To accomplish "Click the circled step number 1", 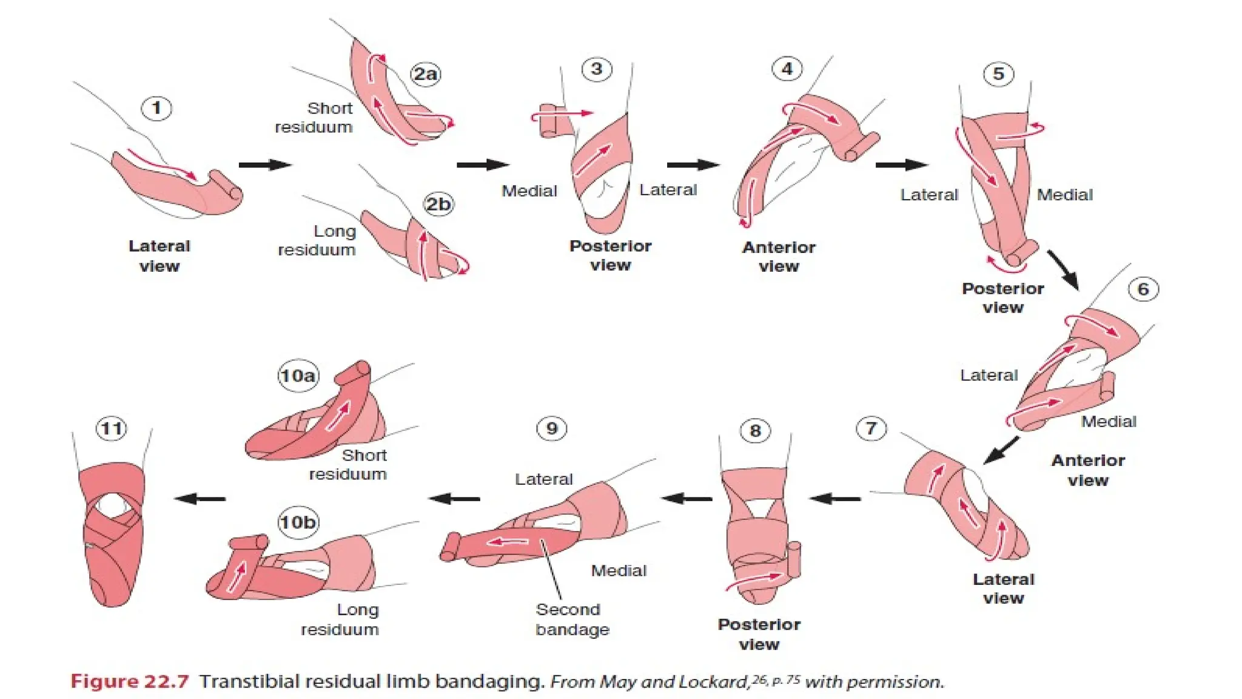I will coord(156,109).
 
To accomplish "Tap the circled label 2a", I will coord(425,74).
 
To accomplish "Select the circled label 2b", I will coord(438,204).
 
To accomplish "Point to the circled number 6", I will coord(1143,289).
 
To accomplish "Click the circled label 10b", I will coord(297,522).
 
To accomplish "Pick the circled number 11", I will coord(112,428).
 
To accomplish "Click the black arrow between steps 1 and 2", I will coord(264,164).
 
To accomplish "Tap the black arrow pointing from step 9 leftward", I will coord(454,499).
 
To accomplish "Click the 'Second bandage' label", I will coord(572,619).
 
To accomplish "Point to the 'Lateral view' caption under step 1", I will coord(159,255).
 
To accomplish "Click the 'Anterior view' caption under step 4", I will coord(779,256).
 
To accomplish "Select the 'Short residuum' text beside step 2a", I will coord(314,117).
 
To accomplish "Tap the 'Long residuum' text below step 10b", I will coord(341,619).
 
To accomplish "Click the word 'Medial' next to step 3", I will coord(529,191).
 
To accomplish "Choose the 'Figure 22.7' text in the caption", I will coord(130,681).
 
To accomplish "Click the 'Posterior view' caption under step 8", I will coord(759,633).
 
